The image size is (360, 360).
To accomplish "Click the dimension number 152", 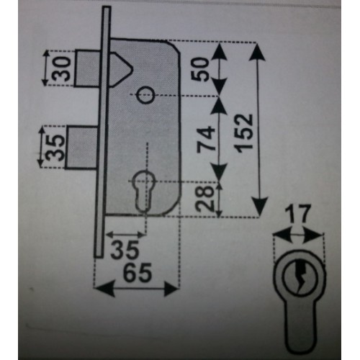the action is tap(245, 133).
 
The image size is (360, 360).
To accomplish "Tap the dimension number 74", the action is tap(206, 140).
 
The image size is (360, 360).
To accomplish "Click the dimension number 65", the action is tap(138, 273).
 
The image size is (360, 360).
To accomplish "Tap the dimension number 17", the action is tap(298, 214).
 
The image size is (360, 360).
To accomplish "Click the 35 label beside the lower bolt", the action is tap(55, 148).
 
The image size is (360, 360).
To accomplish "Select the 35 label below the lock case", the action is tap(125, 250).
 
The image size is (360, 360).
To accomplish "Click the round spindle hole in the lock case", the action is tap(145, 94).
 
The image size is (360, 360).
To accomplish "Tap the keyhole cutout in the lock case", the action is tap(143, 191).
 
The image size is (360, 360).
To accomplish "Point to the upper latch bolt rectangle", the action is tap(87, 68).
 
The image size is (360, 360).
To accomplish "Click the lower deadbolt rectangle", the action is tap(82, 148).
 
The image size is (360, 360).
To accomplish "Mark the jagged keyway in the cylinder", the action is tap(300, 276).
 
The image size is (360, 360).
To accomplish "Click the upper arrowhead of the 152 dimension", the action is tap(257, 52).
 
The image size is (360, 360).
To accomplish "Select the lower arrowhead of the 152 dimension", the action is tap(259, 206).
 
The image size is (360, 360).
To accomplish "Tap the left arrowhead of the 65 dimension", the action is tap(104, 289).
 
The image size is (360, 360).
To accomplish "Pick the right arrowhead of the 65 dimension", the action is tap(171, 289).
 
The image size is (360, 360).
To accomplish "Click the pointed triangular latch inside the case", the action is tap(122, 69).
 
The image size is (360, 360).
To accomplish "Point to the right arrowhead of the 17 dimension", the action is tap(312, 236).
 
